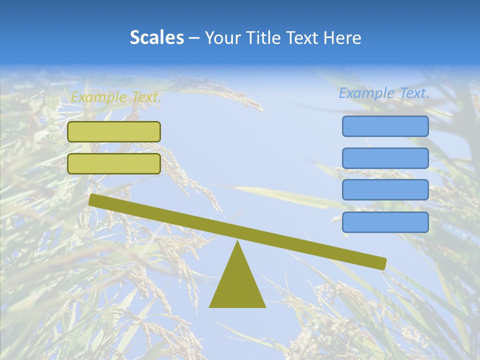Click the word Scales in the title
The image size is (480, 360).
(x=156, y=37)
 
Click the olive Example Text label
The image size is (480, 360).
(x=116, y=97)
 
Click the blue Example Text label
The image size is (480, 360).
(x=384, y=93)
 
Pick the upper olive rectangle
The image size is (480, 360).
(x=114, y=131)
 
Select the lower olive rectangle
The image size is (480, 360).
(x=114, y=163)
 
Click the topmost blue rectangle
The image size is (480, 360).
(x=385, y=126)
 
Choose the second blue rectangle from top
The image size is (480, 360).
(x=385, y=158)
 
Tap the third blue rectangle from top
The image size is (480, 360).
(x=385, y=189)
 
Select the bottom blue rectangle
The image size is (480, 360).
(x=385, y=222)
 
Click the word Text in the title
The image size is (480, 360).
(x=301, y=37)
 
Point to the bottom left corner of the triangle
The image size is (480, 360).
(x=210, y=306)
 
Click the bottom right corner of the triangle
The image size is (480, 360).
(x=265, y=306)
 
